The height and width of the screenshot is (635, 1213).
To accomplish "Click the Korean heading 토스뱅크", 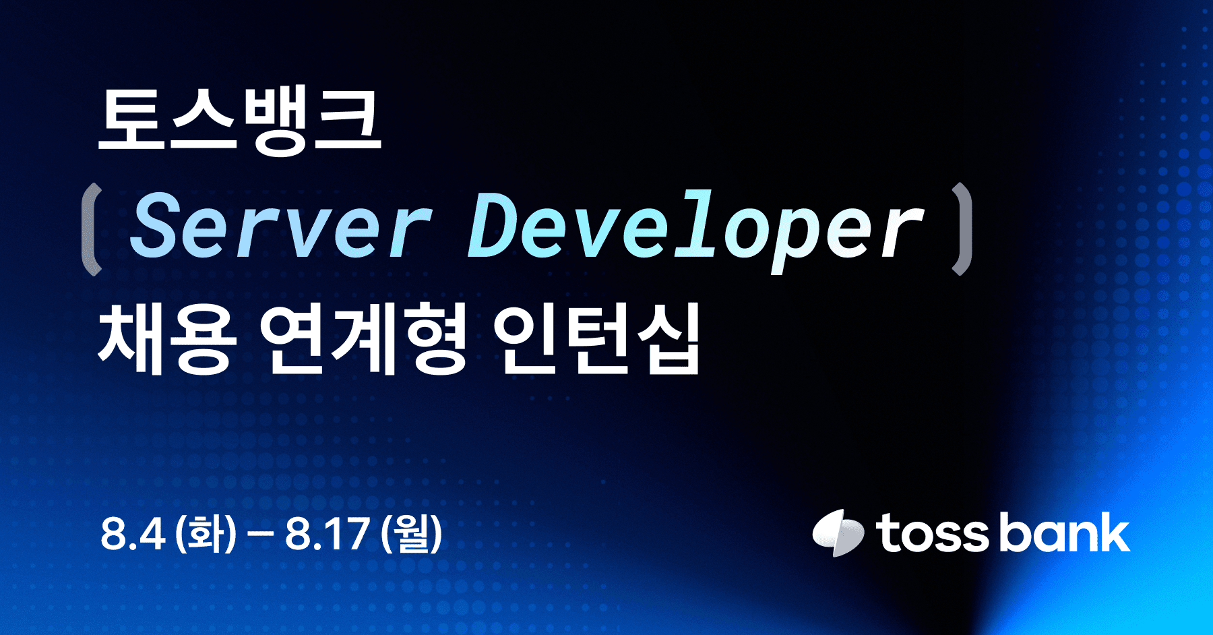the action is point(239,123).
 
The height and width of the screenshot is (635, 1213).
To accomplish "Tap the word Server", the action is point(280,226).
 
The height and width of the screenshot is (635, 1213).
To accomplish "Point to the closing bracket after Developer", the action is point(962,229).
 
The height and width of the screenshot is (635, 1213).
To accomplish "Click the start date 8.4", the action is point(133,535).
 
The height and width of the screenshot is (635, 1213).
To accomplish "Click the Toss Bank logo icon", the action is point(838,533).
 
